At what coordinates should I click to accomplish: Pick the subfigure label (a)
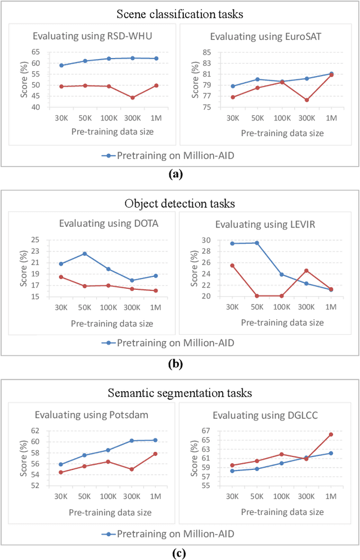[x=176, y=174]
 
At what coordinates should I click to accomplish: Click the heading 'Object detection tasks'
[x=179, y=204]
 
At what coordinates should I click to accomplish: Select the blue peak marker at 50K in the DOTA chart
[x=85, y=253]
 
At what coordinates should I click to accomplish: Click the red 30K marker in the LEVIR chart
[x=232, y=265]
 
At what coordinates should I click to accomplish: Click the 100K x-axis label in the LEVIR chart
[x=282, y=308]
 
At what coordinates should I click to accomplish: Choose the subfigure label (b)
[x=176, y=364]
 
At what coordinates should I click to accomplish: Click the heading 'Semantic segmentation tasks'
[x=179, y=393]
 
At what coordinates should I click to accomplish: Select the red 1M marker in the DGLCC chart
[x=331, y=434]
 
